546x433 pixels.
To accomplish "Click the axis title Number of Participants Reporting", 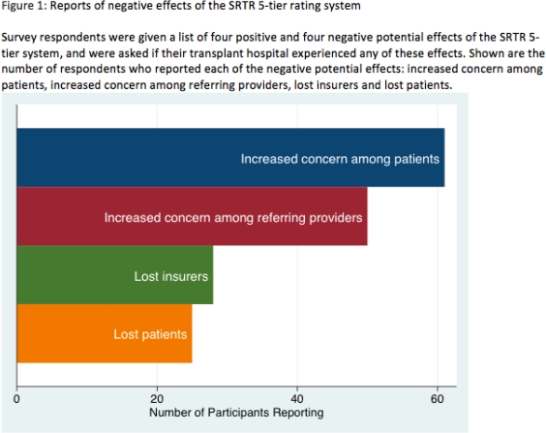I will click(x=236, y=413).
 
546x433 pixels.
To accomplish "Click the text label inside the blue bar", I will click(x=340, y=158).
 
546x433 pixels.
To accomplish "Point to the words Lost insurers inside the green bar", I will click(x=170, y=277).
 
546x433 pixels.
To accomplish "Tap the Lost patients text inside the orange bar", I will click(x=150, y=335).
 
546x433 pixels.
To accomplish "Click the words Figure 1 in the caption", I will click(x=26, y=9).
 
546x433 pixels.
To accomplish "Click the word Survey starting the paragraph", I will click(x=20, y=38).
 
